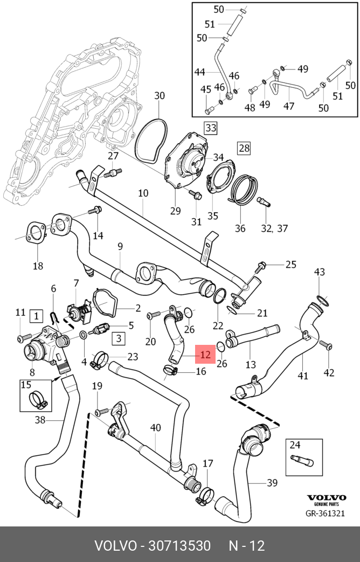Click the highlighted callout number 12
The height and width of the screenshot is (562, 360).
coord(205,355)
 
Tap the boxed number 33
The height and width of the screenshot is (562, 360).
coord(211,128)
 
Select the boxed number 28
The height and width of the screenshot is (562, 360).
coord(244,148)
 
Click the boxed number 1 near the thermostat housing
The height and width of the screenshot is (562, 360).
coord(37,316)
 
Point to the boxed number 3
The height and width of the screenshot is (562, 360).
coord(119,338)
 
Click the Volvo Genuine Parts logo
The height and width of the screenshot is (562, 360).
coord(326,500)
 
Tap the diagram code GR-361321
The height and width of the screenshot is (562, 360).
coord(325,514)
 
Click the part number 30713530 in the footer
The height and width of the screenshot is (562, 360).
coord(179,546)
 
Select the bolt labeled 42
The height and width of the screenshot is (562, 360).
coord(326,345)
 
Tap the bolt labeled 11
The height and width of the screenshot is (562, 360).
coord(23,337)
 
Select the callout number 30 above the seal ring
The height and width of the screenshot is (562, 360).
coord(160,96)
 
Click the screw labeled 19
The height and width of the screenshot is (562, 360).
coord(102,411)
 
